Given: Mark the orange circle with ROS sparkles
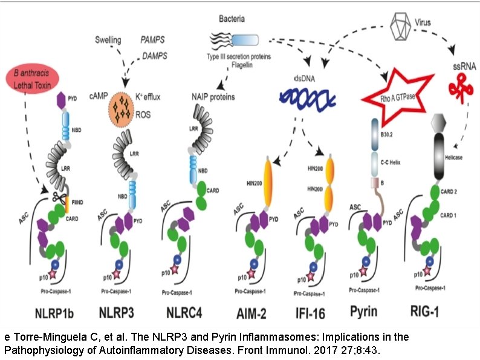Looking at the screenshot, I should [124, 110].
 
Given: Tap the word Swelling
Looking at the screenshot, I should [108, 41].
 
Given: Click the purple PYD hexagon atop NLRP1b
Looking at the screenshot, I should [60, 100].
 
